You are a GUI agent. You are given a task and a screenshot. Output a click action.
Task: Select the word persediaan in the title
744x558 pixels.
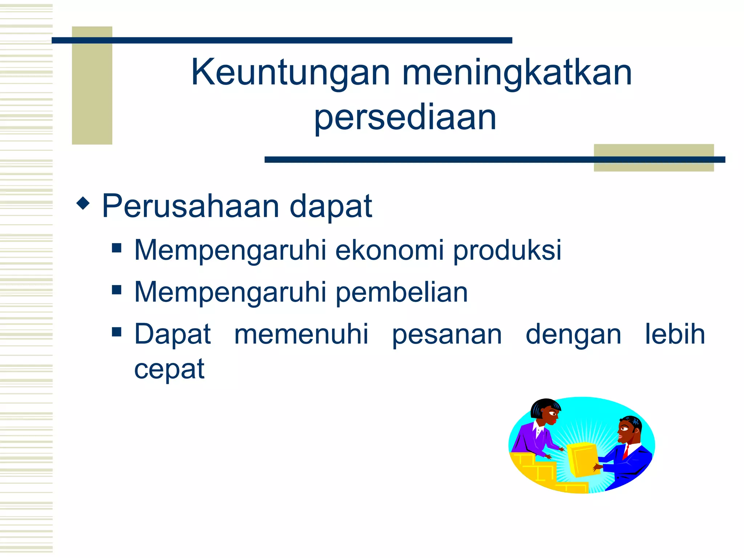click(405, 117)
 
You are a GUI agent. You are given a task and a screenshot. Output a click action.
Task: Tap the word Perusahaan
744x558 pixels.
click(191, 206)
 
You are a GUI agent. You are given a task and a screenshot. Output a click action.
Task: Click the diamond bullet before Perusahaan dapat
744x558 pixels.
click(83, 203)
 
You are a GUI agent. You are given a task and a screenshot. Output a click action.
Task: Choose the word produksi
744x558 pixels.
click(507, 251)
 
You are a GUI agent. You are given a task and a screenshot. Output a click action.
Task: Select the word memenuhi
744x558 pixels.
click(301, 334)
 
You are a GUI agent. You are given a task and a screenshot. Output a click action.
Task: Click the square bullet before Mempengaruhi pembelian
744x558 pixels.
click(117, 290)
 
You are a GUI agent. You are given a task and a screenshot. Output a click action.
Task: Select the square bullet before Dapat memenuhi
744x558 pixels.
click(117, 332)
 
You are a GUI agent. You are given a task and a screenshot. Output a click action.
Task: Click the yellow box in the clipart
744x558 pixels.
click(583, 459)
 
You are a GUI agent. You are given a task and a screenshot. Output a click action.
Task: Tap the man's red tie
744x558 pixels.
click(626, 452)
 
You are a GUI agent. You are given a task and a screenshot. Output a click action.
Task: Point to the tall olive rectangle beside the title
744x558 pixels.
click(92, 85)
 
